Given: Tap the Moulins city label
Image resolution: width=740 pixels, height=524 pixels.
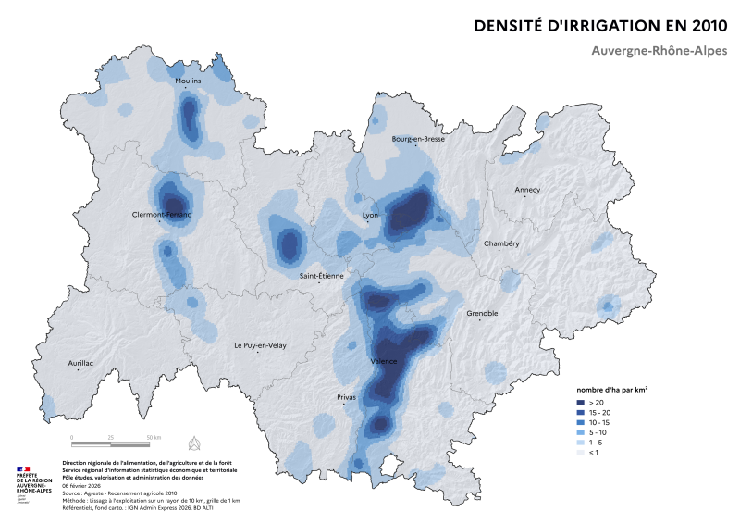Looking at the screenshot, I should pos(188,81).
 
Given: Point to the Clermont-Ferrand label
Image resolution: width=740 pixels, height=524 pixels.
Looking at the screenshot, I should pos(162,215).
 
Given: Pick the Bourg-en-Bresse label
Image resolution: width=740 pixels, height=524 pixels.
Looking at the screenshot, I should pos(418,139).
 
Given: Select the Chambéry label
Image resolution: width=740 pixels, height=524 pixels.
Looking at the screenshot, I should pos(501,243).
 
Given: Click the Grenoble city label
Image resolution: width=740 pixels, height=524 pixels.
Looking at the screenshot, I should pos(481,313).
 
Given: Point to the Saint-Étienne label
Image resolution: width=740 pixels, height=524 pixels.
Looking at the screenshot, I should pos(320,276).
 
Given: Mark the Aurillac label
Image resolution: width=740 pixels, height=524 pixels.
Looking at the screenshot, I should pos(80,363).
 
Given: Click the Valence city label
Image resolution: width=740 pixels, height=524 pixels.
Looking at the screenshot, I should pos(384,361).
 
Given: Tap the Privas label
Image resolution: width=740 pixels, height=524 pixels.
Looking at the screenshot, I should pos(347,397).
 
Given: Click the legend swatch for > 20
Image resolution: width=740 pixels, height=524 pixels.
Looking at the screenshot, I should pos(582,403).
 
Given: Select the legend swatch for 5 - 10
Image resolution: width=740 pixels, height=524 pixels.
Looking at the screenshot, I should pos(582,433).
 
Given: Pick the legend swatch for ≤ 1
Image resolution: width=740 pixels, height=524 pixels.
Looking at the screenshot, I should pos(582,454).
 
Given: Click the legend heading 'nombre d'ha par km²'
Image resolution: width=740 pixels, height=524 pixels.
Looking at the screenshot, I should pos(611,391).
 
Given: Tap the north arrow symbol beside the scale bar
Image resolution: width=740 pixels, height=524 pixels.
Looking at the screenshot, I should pos(193,440).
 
